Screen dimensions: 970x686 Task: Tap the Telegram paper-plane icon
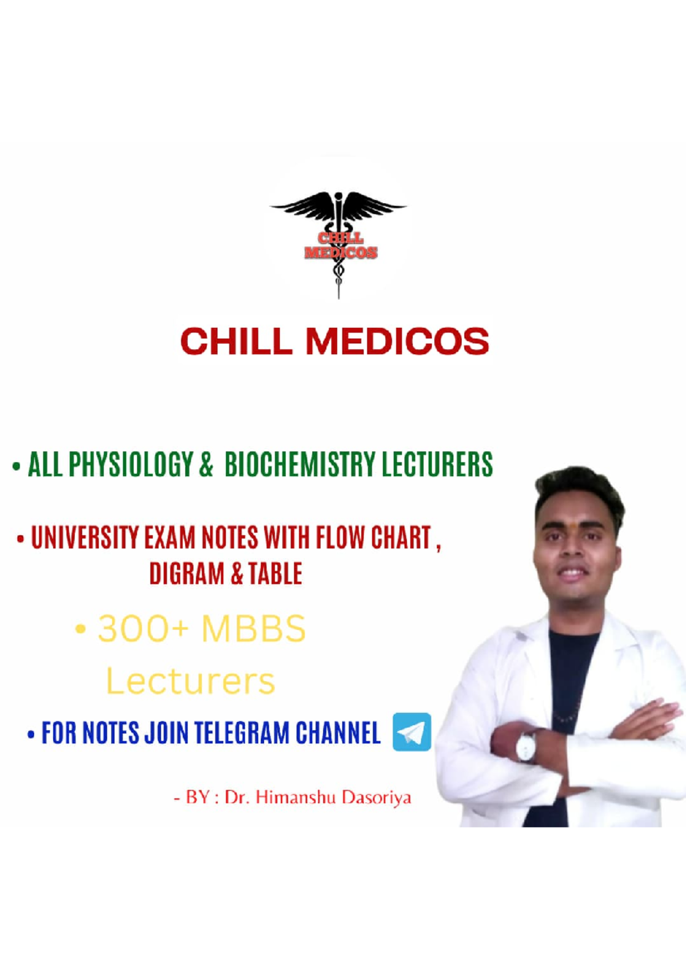412,732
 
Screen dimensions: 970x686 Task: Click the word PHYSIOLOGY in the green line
131,464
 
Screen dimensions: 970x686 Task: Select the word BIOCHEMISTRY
300,464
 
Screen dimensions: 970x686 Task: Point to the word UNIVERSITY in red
85,538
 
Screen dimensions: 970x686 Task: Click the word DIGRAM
187,574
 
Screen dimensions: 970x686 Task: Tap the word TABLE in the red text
275,574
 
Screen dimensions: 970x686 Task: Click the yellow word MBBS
253,629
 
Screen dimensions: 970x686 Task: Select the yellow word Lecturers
190,681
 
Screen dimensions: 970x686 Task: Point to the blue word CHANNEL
338,733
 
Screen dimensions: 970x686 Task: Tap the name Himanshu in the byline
296,797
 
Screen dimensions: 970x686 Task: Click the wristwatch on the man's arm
527,746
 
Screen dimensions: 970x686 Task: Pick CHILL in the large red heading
236,342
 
